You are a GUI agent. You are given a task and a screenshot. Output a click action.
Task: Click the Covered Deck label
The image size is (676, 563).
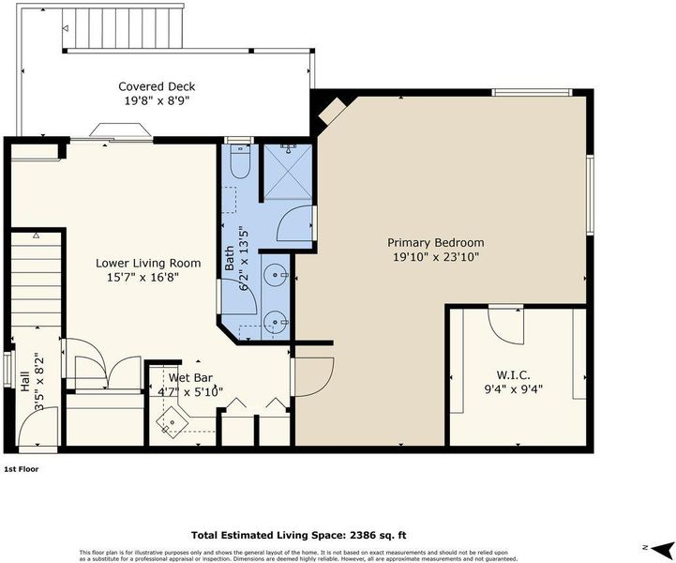tap(157, 86)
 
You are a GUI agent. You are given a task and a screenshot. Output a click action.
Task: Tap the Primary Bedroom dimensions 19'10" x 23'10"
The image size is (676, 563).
tap(436, 257)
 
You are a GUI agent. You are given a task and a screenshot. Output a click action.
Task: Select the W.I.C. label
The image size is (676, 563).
tap(513, 374)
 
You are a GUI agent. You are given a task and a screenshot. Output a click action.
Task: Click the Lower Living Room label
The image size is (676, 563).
tap(148, 263)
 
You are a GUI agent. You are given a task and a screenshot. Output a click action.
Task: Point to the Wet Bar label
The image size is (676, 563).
tap(190, 378)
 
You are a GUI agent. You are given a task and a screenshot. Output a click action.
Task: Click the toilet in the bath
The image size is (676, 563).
tap(240, 160)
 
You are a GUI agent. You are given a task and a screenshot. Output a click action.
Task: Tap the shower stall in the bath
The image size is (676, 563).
tap(288, 172)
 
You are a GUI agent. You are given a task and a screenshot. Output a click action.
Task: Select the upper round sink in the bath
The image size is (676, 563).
tap(275, 274)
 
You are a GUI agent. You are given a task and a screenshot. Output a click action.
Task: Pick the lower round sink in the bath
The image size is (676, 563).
tap(275, 322)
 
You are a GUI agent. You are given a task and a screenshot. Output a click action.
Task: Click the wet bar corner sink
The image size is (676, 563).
tap(172, 421)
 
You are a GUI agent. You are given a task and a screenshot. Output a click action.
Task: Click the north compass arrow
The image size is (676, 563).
tap(663, 548)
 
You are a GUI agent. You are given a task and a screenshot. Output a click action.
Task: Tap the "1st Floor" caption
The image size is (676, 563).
tap(22, 469)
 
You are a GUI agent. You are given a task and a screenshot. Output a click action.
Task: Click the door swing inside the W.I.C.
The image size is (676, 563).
tap(505, 326)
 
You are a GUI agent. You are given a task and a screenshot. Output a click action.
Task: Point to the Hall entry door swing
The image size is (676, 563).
tap(38, 426)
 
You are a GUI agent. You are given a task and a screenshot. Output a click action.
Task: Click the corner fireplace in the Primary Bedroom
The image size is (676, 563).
tap(333, 110)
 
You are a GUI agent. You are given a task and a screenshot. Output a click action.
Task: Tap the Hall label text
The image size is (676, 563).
tap(25, 381)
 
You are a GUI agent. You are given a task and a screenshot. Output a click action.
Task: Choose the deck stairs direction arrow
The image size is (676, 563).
tap(65, 28)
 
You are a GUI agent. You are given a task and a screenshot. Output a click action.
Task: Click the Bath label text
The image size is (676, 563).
tap(230, 258)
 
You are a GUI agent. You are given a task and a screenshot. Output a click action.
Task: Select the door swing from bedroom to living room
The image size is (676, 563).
tap(313, 376)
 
